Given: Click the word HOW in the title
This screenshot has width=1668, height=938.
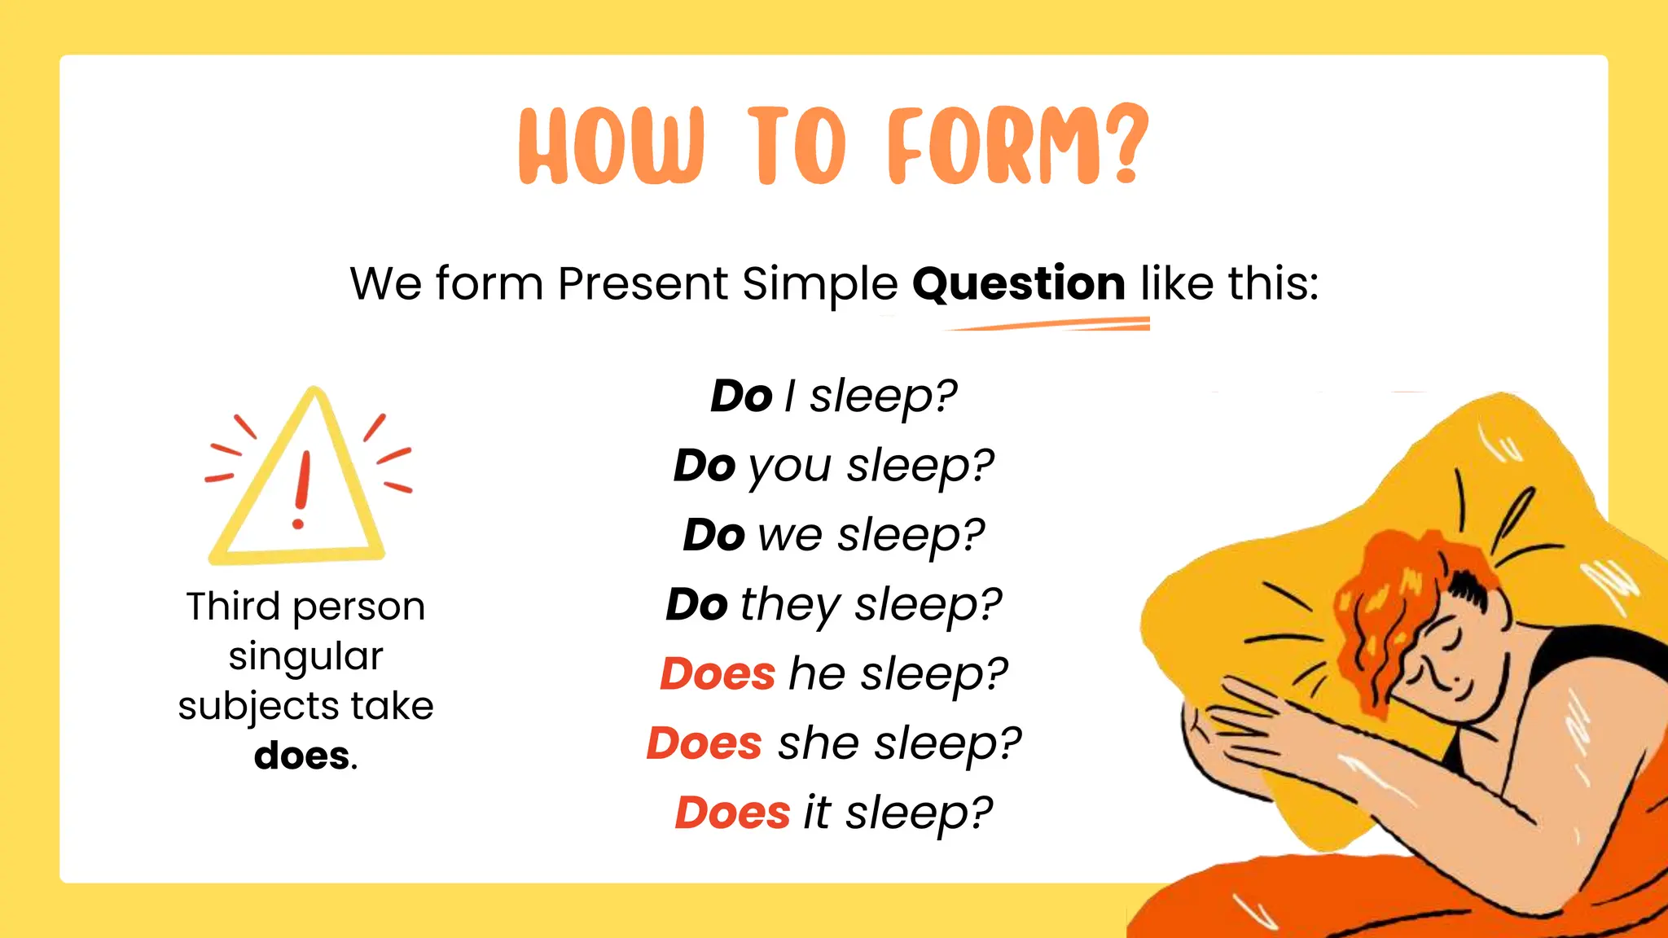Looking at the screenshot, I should tap(610, 147).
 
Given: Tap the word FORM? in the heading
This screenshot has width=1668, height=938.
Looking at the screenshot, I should tap(1018, 147).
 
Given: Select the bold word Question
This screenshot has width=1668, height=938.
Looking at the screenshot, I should tap(1018, 284).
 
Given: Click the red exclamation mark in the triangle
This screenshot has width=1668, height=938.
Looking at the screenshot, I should tap(302, 489).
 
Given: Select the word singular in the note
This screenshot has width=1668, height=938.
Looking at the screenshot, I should tap(305, 656).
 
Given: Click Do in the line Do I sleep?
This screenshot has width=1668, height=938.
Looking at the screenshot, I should tap(741, 397).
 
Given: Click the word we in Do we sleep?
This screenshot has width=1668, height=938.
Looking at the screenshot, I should tap(789, 536).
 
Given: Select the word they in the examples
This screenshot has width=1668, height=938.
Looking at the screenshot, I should tap(789, 606).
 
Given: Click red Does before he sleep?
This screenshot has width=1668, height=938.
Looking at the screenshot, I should tap(718, 674).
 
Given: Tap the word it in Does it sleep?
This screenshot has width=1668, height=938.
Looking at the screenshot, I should tap(817, 813).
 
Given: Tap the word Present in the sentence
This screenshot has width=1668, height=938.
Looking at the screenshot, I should tap(643, 284).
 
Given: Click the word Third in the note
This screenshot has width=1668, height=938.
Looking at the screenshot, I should tap(233, 607).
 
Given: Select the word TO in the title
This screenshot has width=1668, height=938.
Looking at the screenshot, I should tap(797, 147).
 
